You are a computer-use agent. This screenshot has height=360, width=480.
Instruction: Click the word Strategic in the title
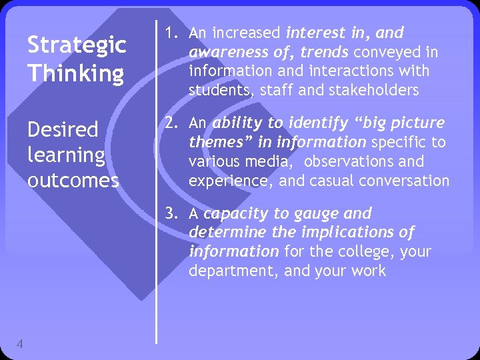pyautogui.click(x=76, y=45)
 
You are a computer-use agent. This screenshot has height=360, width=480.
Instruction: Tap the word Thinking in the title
pyautogui.click(x=75, y=72)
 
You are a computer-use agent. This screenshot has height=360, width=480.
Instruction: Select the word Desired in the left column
pyautogui.click(x=62, y=129)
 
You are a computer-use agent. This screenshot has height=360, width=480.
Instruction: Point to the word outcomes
pyautogui.click(x=73, y=180)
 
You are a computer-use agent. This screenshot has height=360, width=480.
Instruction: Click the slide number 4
pyautogui.click(x=21, y=344)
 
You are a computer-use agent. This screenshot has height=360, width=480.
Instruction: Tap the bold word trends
pyautogui.click(x=325, y=52)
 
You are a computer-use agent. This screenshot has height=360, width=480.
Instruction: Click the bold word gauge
pyautogui.click(x=321, y=214)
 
